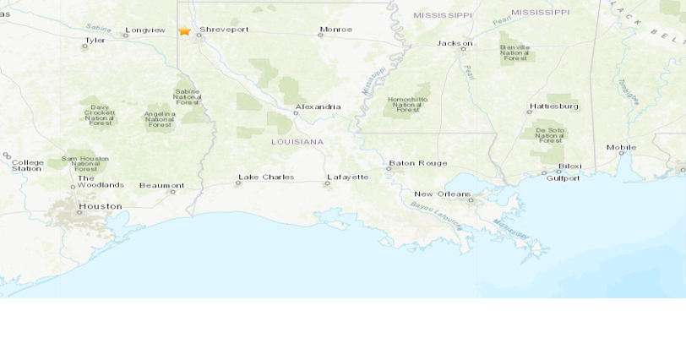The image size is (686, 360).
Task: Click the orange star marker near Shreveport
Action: coord(184,30)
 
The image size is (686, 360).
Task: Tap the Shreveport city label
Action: coord(224,30)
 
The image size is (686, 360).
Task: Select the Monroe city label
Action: coord(335,30)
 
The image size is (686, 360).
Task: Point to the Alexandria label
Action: coord(318,107)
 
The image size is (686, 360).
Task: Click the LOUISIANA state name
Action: coord(297,142)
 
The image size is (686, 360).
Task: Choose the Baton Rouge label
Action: coord(417,163)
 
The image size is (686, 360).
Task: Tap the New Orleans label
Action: coord(442,194)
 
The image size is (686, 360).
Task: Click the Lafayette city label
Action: coord(347,177)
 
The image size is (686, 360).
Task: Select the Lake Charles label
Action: coord(265,177)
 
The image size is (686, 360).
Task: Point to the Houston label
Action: coord(100,206)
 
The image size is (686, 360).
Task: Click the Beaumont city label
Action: coord(161,186)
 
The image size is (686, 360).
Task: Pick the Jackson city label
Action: coord(454,43)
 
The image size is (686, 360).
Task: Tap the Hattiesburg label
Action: coord(553,106)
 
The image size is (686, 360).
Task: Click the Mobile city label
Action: coord(621,148)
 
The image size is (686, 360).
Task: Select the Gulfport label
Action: coord(563,178)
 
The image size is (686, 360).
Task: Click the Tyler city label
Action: coord(95,40)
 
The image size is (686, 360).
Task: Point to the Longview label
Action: coord(145,30)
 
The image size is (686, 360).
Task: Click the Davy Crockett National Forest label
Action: coord(100,115)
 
